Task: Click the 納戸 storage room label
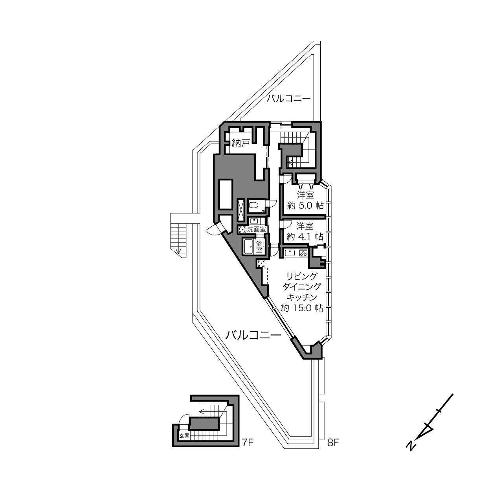(241, 143)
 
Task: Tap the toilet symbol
(254, 205)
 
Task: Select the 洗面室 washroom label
(256, 229)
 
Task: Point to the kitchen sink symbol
(290, 253)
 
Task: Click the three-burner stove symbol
(304, 253)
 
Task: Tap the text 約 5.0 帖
(305, 206)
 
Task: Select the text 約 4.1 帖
(305, 237)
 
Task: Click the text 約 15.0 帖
(302, 308)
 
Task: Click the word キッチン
(302, 297)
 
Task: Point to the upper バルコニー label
(288, 99)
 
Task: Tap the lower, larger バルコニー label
(253, 335)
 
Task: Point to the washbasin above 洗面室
(254, 221)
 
